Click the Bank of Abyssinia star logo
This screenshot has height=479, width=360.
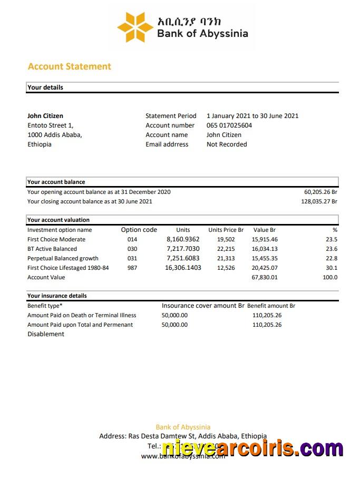point(135,27)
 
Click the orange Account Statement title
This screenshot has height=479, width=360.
point(69,66)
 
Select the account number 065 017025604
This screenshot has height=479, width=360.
point(229,125)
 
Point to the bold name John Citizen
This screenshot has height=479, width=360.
point(45,116)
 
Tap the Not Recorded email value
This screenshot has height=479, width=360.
point(227,144)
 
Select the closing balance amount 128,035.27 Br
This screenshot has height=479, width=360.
point(319,201)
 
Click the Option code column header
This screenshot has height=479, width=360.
point(139,230)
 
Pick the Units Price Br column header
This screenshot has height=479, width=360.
point(226,230)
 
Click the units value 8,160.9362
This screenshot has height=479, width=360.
point(183,239)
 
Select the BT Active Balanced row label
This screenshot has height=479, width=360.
point(52,249)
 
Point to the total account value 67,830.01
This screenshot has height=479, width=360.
point(265,277)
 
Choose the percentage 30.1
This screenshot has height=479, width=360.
point(332,268)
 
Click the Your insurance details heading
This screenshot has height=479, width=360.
point(57,296)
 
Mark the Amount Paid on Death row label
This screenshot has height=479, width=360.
point(82,315)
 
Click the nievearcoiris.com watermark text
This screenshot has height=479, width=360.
point(252,448)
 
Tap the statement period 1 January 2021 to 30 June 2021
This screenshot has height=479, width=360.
point(252,116)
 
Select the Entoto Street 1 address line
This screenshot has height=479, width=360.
point(51,125)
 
